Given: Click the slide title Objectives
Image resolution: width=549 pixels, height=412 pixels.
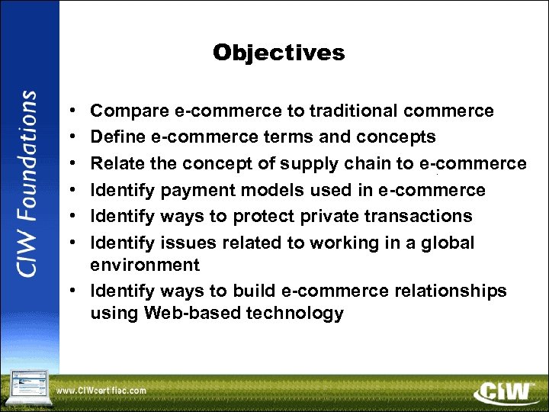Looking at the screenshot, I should [x=278, y=53].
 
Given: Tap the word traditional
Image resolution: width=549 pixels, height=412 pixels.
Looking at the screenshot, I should [x=354, y=111].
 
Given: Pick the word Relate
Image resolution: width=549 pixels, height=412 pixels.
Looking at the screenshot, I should [x=117, y=163].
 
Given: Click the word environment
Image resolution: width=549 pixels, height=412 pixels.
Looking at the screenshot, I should [x=145, y=266].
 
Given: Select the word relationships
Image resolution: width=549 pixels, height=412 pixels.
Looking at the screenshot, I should [x=449, y=291].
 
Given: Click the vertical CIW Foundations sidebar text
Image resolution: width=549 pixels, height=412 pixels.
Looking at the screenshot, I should [x=28, y=183].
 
